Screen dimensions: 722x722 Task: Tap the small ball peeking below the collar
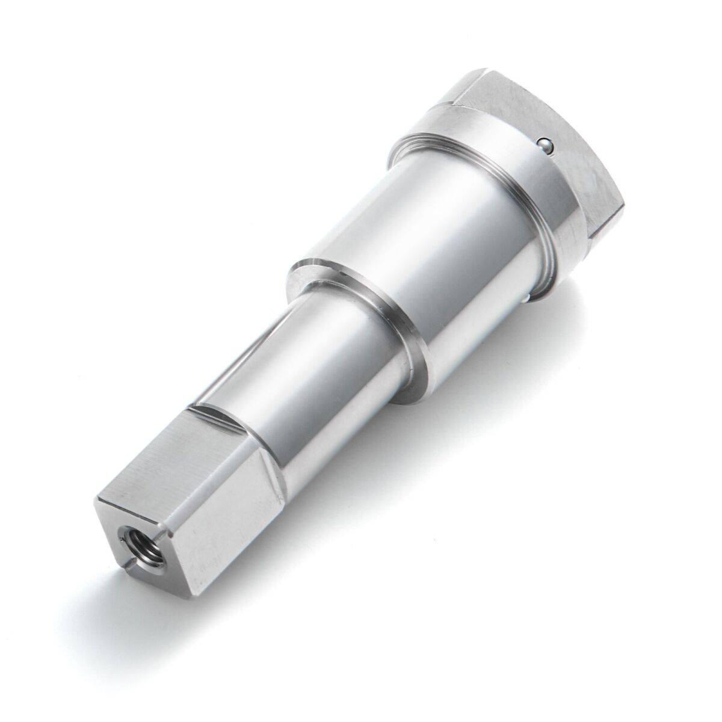[528, 298]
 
